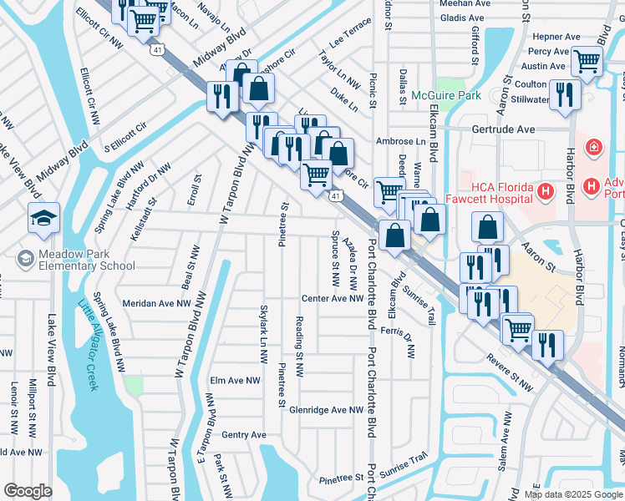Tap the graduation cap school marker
coord(43,219)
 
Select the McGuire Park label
coord(446,96)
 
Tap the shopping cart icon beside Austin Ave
coord(587,60)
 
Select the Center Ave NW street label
coord(333,298)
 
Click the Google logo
coord(28,491)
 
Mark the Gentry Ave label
coord(244,435)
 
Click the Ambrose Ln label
coord(401,141)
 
